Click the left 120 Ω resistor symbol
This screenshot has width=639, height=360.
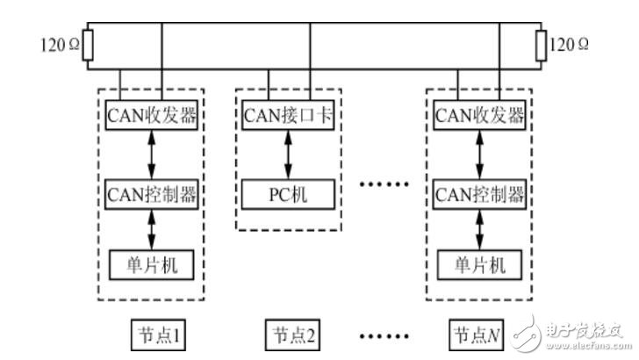click(87, 47)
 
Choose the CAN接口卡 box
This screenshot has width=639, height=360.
click(288, 115)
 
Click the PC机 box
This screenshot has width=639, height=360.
click(288, 192)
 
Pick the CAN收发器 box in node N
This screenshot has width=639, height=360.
click(479, 115)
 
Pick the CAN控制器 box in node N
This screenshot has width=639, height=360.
click(479, 192)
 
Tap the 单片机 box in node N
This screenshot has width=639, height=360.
click(479, 263)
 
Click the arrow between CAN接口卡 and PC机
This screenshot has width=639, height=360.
click(288, 154)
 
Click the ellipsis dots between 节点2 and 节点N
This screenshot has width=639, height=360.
click(386, 335)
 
